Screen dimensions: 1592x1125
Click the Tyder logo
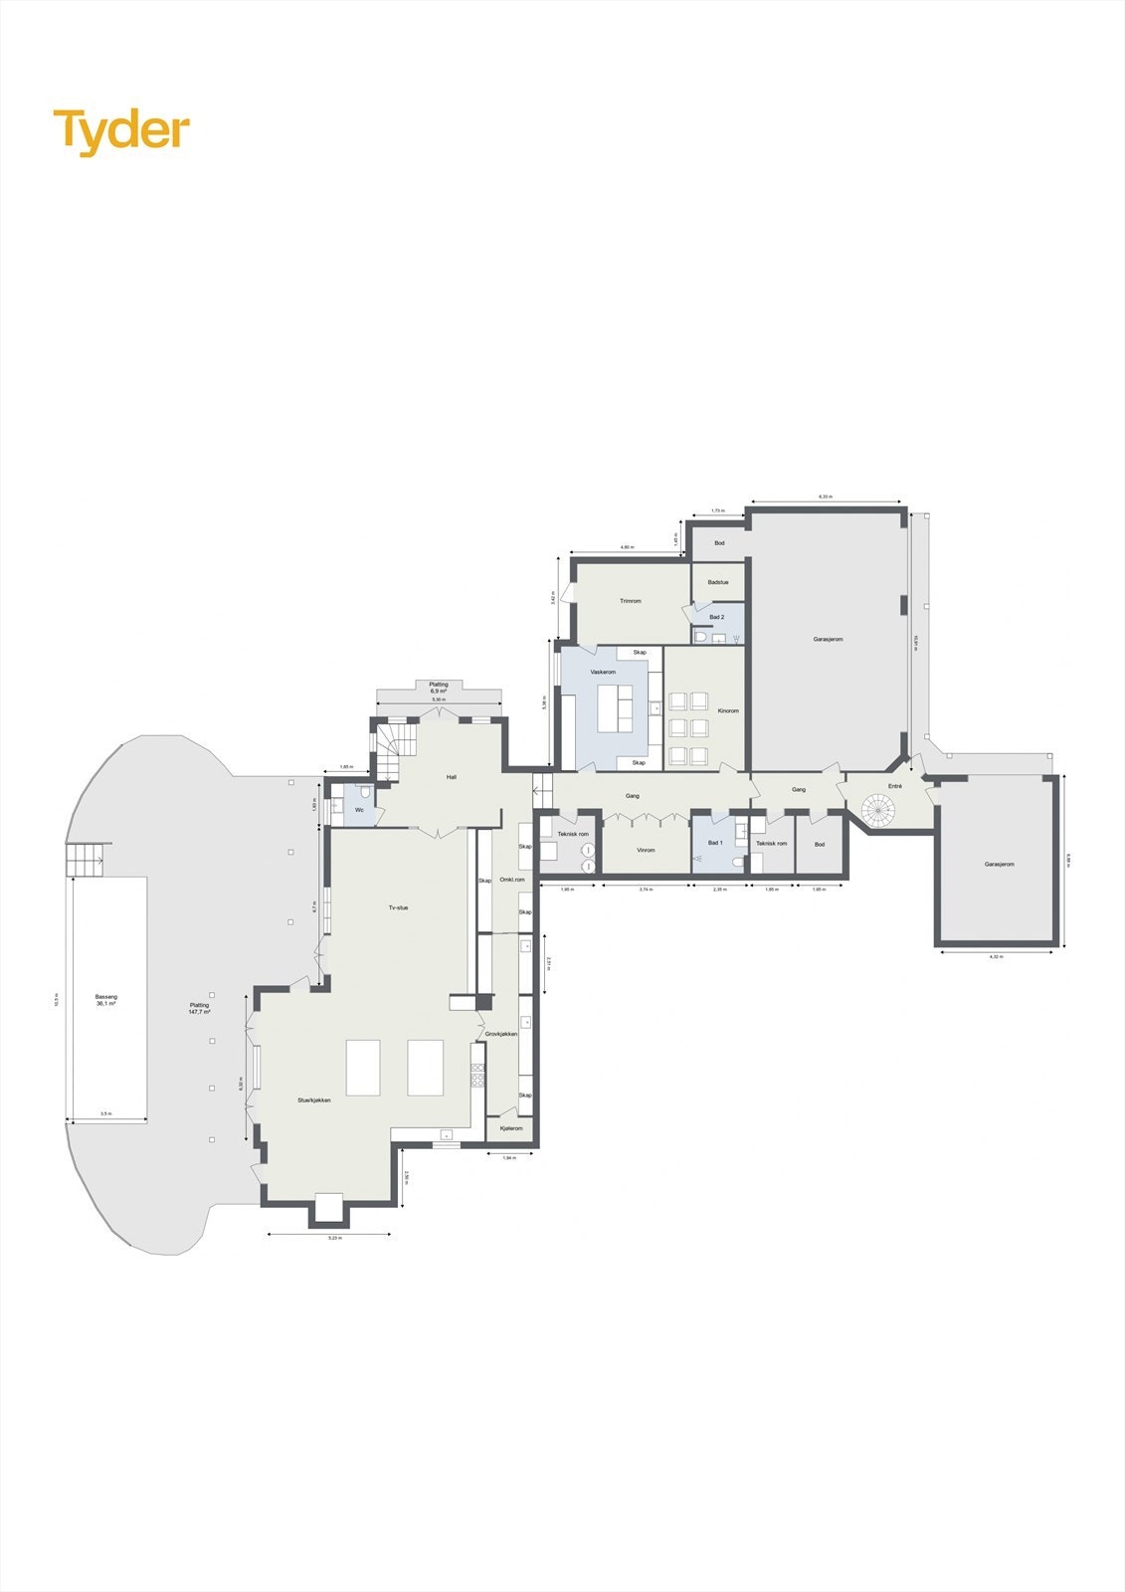click(121, 131)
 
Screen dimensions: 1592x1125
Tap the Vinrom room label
click(646, 851)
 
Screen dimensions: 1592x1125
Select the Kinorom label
click(728, 710)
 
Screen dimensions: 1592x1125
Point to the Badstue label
click(717, 582)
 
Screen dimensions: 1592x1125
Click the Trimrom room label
click(630, 601)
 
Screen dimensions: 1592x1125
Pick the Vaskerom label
click(604, 672)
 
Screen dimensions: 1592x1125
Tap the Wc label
click(359, 810)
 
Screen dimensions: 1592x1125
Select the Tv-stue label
click(398, 907)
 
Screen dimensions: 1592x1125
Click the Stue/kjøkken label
click(313, 1100)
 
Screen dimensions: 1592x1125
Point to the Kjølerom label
click(511, 1128)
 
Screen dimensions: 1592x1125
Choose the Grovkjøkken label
click(501, 1034)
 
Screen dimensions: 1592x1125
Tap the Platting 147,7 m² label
click(199, 1008)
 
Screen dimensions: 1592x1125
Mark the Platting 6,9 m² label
click(439, 687)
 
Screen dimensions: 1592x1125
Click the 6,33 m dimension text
click(826, 497)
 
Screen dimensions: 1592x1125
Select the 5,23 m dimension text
click(334, 1237)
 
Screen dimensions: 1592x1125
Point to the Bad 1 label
click(714, 843)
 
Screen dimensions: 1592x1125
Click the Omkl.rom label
click(512, 880)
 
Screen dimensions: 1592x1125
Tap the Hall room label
click(451, 777)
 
